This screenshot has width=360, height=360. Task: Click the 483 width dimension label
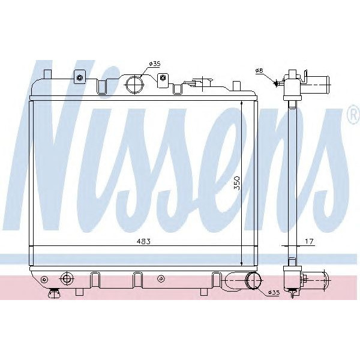click(142, 242)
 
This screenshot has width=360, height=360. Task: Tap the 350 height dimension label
click(237, 182)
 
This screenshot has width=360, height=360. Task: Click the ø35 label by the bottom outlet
click(273, 292)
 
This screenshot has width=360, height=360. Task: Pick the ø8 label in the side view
click(260, 71)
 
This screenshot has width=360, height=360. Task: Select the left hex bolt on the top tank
click(79, 77)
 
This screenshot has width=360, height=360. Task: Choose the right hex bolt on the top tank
click(163, 78)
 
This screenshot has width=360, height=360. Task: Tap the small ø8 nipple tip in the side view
click(278, 83)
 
